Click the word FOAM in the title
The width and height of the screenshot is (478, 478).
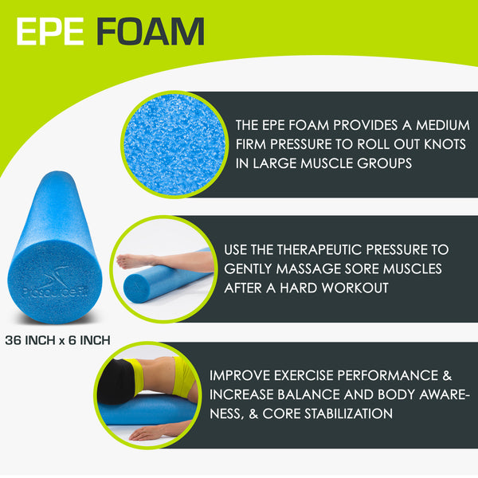[x=151, y=31]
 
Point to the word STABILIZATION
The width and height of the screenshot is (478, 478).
[x=342, y=413]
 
